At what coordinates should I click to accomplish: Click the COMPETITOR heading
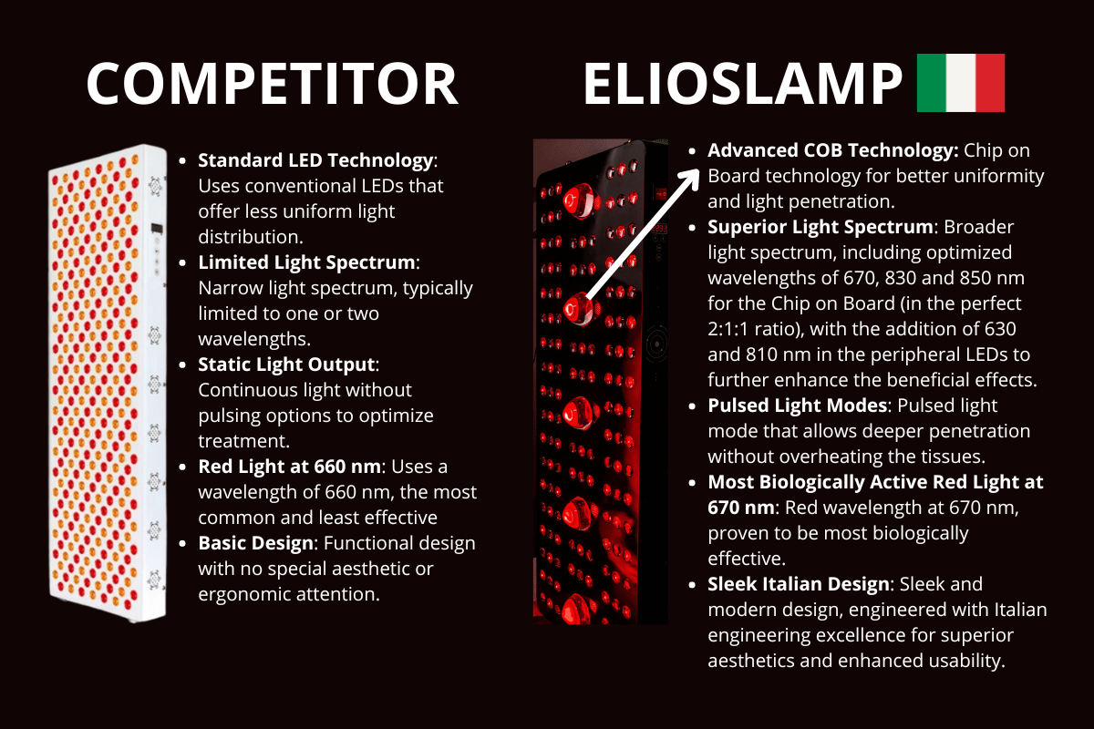click(x=272, y=84)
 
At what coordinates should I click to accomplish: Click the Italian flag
click(x=959, y=83)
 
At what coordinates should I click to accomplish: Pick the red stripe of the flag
click(x=989, y=83)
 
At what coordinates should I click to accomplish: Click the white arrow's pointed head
click(x=692, y=174)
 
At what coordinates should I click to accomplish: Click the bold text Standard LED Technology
click(x=315, y=160)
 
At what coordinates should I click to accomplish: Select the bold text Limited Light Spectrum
click(x=306, y=262)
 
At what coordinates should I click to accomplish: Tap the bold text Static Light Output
click(x=286, y=364)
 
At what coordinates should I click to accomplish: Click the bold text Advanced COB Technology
click(x=832, y=150)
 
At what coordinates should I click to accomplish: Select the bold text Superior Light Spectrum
click(x=820, y=227)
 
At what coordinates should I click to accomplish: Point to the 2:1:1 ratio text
click(x=744, y=328)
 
